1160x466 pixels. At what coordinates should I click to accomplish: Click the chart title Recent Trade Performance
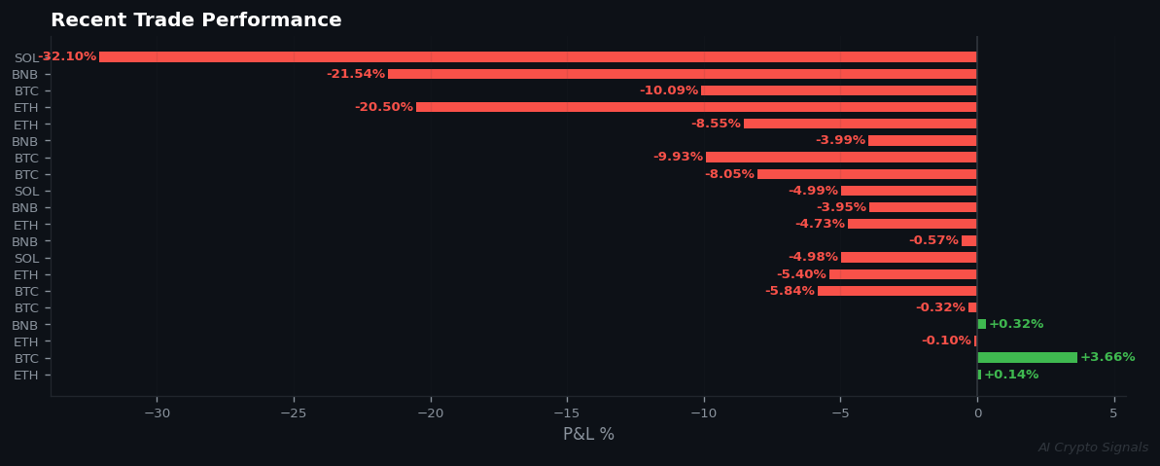[x=195, y=20]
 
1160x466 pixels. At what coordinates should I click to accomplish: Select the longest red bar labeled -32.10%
[x=537, y=57]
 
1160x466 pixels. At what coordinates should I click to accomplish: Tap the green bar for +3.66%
[x=1027, y=358]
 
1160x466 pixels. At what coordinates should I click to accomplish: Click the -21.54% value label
[x=355, y=74]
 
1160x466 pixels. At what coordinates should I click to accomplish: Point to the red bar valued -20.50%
[x=695, y=107]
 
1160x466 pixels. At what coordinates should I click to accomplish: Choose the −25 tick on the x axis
[x=293, y=413]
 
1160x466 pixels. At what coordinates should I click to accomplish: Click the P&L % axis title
[x=588, y=435]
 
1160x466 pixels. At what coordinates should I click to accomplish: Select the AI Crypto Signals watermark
[x=1092, y=448]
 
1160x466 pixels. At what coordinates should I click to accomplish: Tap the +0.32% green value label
[x=1015, y=324]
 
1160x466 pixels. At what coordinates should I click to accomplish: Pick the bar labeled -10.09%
[x=838, y=90]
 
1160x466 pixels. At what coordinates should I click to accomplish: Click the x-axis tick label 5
[x=1113, y=413]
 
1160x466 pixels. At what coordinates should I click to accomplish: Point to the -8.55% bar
[x=860, y=124]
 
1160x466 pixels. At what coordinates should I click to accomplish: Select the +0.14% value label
[x=1010, y=375]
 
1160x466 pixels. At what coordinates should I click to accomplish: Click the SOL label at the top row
[x=26, y=58]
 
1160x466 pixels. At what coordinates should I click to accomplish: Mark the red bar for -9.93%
[x=841, y=158]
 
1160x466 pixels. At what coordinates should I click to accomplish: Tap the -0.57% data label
[x=932, y=240]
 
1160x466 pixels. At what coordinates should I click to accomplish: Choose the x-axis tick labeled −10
[x=703, y=413]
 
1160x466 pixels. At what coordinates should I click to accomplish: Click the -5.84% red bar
[x=896, y=291]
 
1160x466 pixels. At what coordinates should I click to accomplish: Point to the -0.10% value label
[x=945, y=341]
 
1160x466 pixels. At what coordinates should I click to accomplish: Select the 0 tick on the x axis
[x=977, y=413]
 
